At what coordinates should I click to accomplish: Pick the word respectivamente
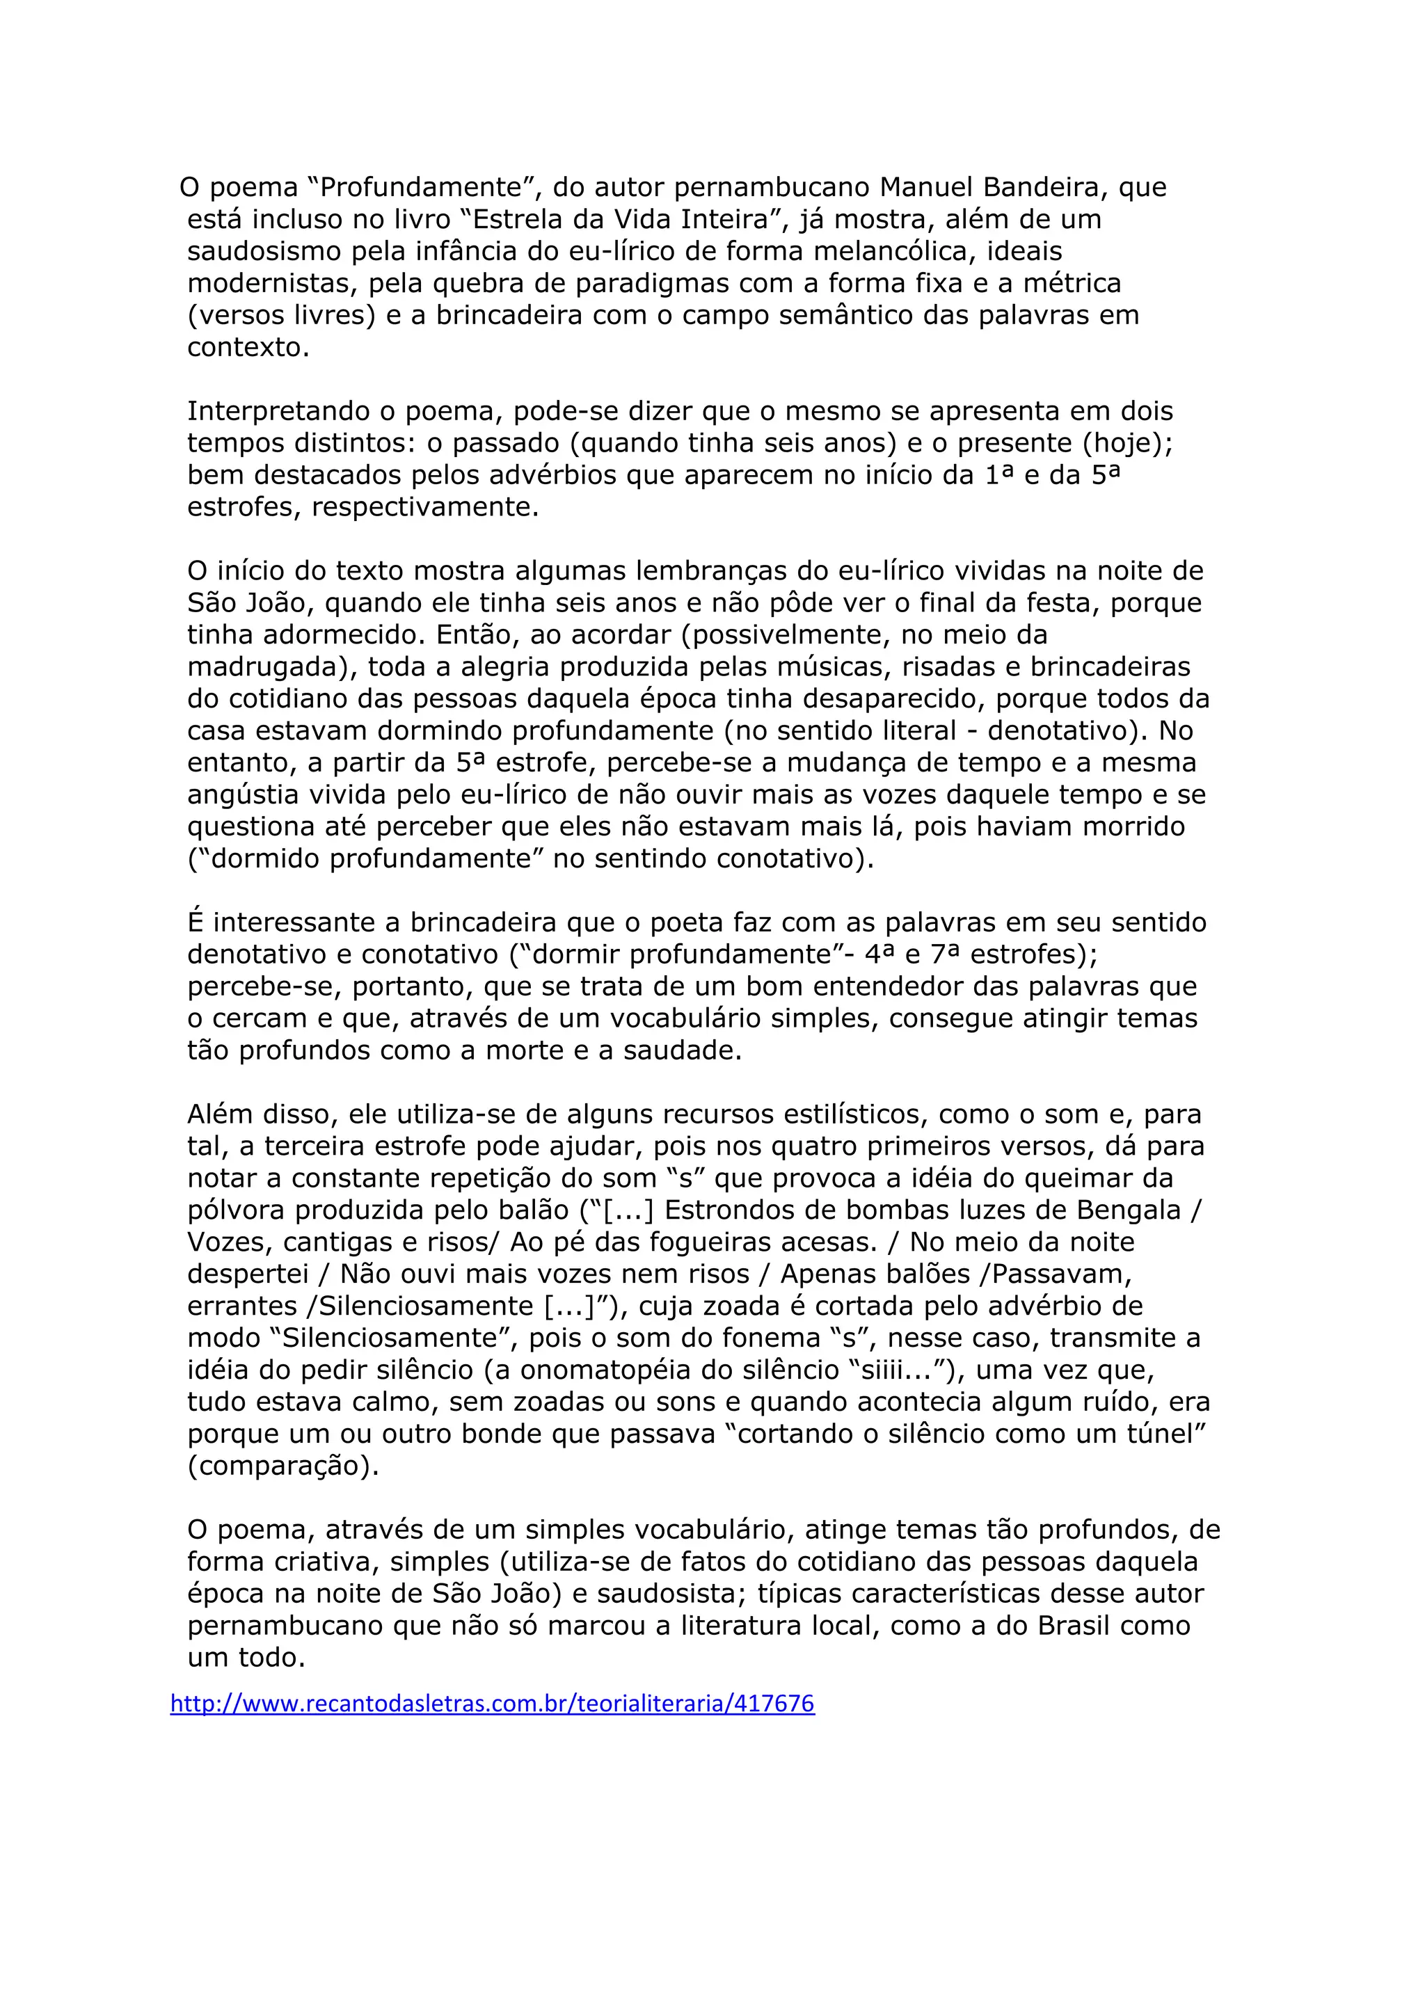(425, 508)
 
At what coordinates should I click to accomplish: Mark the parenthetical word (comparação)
(282, 1466)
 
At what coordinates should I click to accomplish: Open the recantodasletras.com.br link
(492, 1704)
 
